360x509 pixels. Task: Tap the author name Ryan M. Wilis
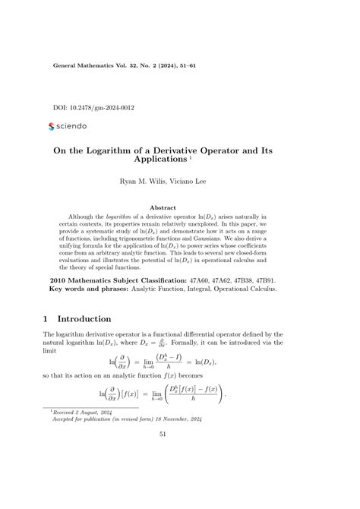144,182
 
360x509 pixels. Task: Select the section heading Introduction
84,319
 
